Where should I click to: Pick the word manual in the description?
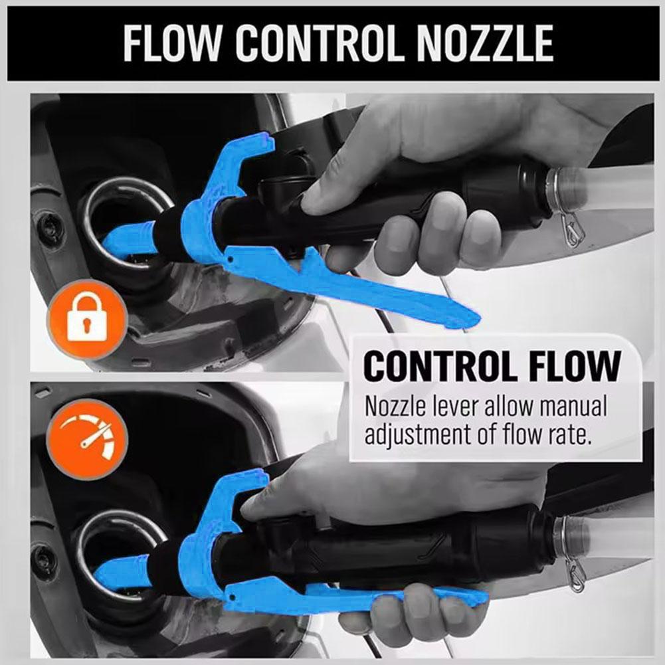pos(567,407)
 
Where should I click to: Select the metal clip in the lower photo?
pos(572,573)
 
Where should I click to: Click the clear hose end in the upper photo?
pos(611,189)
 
